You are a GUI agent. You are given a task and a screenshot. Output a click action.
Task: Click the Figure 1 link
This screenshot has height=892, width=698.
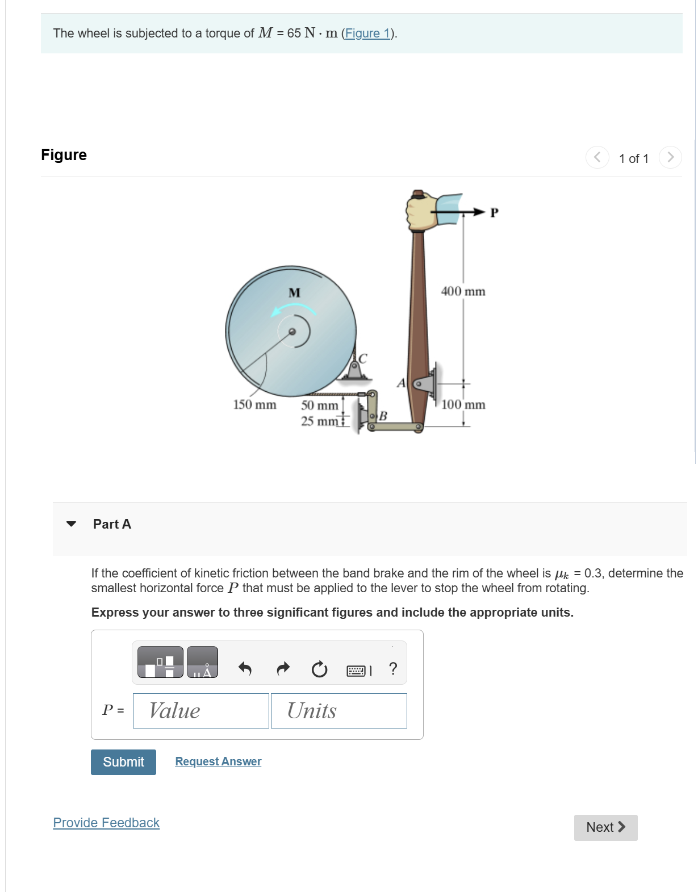[368, 33]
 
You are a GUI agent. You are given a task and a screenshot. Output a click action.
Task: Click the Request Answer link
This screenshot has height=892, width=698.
[218, 761]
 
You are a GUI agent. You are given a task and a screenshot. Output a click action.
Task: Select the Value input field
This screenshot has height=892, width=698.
[200, 711]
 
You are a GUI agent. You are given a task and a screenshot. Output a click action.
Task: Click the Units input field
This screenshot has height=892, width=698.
[338, 711]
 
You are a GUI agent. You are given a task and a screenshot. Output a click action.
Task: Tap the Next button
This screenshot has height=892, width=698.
[605, 827]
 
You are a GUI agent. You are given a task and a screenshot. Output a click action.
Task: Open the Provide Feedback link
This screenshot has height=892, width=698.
[106, 823]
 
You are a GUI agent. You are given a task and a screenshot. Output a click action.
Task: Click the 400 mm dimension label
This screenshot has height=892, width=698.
[463, 291]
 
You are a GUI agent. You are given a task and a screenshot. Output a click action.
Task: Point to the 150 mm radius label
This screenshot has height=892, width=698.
[254, 405]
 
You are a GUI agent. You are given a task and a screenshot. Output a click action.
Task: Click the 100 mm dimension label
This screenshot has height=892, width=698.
[463, 405]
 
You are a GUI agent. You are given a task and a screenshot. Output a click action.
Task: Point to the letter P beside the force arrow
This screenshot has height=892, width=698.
[494, 213]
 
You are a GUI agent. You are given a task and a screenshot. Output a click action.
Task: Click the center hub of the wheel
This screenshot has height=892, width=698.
[292, 332]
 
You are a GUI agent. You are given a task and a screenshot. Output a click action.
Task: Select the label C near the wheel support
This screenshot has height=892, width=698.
[363, 358]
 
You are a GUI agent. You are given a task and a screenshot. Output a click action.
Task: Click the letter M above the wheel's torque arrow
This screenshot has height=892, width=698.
[294, 293]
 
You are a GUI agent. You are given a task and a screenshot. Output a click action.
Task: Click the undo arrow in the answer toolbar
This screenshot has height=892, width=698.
[245, 669]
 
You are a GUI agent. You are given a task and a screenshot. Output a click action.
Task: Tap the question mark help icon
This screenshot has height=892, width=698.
[393, 668]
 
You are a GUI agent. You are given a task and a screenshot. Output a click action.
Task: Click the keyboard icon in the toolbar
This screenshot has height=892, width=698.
[356, 671]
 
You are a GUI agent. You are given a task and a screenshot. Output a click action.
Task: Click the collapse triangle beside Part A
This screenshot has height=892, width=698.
[71, 524]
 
